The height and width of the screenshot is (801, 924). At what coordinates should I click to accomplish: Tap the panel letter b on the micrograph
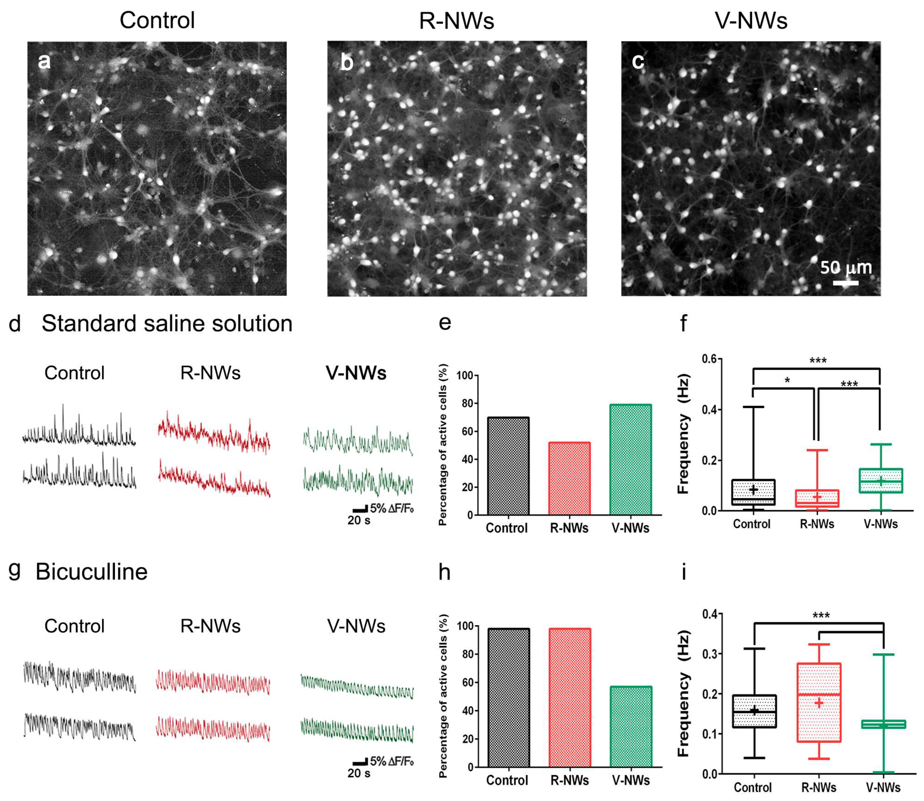coord(347,62)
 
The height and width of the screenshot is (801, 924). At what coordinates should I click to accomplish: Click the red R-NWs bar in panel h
coord(570,697)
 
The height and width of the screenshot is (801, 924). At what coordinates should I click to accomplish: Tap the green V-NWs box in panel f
coord(880,481)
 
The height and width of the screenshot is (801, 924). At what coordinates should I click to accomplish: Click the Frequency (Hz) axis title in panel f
coord(684,433)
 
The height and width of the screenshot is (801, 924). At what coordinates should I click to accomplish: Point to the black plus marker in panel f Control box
coord(753,490)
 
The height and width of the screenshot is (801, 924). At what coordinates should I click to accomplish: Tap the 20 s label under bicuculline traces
coord(358,773)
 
